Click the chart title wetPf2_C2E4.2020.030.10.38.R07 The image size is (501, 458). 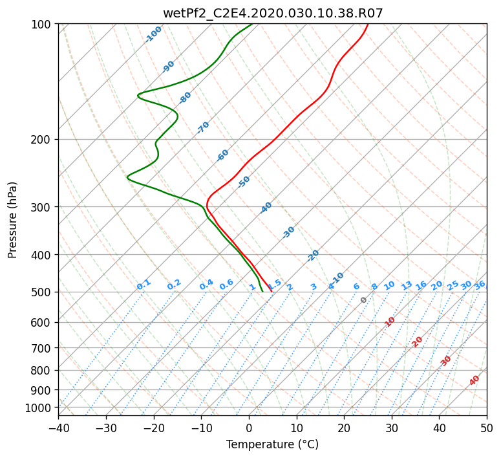pos(273,14)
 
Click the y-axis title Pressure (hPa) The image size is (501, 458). pos(12,221)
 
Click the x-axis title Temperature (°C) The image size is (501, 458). pos(273,444)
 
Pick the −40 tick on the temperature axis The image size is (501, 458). pos(58,428)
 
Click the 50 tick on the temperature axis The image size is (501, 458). pos(487,428)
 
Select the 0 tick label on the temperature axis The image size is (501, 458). pos(249,428)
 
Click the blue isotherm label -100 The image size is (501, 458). pos(153,34)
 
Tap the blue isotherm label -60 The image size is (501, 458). pos(222,155)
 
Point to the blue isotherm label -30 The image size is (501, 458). pos(288,232)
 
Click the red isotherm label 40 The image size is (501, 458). pos(474,380)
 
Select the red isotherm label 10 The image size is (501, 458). pos(390,322)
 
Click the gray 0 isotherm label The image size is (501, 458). pos(363,300)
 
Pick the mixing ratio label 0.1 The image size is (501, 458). pos(144,285)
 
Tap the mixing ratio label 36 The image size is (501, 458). pos(480,285)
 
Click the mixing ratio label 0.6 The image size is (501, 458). pos(226,284)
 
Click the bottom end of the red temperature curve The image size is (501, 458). pos(272,292)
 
